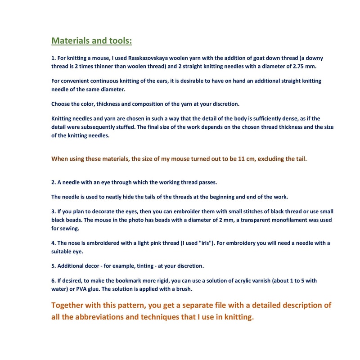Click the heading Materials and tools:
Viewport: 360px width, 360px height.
click(x=92, y=41)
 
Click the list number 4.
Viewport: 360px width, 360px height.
click(x=53, y=243)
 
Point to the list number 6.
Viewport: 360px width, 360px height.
click(x=53, y=280)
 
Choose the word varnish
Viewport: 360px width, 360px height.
click(x=266, y=280)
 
